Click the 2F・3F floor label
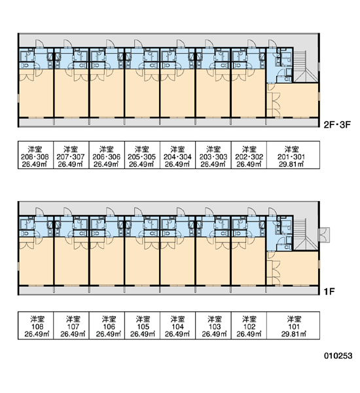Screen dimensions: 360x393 [337, 124]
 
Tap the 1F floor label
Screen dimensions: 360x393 [329, 291]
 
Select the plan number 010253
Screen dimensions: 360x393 [338, 356]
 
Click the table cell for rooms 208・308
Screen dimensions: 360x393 [35, 155]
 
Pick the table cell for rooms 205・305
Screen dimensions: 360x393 [142, 155]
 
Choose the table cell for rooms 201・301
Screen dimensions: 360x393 [293, 155]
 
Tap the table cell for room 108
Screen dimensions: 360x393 [35, 326]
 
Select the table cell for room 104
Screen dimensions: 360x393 [177, 326]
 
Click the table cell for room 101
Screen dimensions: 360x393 [293, 326]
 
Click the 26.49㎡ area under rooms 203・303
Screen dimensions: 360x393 [213, 164]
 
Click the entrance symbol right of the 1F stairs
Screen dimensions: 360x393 [325, 235]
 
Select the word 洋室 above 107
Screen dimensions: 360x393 [73, 319]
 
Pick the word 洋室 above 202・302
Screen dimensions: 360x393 [249, 149]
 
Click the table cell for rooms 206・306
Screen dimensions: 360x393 [107, 155]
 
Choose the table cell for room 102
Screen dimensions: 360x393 [249, 326]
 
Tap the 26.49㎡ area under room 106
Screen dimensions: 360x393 [109, 334]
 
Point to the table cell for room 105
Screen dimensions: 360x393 [142, 326]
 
